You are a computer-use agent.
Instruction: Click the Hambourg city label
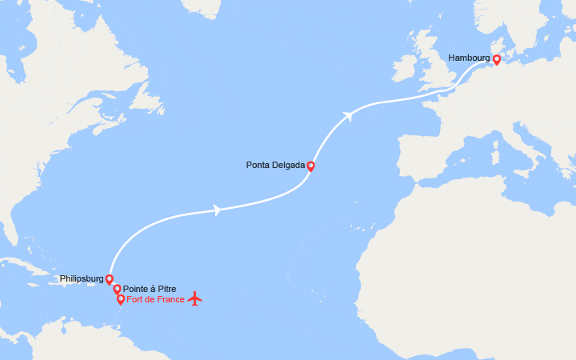point(470,58)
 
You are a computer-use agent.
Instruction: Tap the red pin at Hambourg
point(496,59)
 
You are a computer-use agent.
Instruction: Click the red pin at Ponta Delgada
point(310,166)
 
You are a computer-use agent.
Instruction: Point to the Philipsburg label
point(81,279)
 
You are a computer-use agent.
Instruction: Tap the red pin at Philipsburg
point(110,279)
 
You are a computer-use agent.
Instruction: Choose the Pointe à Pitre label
point(150,289)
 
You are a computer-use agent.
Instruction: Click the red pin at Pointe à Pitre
point(117,289)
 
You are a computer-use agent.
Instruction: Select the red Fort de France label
point(156,299)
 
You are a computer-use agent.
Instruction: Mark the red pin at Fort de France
point(121,299)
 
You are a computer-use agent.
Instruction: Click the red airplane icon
point(194,299)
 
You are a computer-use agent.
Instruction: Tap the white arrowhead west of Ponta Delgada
point(217,210)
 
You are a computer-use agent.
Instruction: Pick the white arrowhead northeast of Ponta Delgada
point(348,116)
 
